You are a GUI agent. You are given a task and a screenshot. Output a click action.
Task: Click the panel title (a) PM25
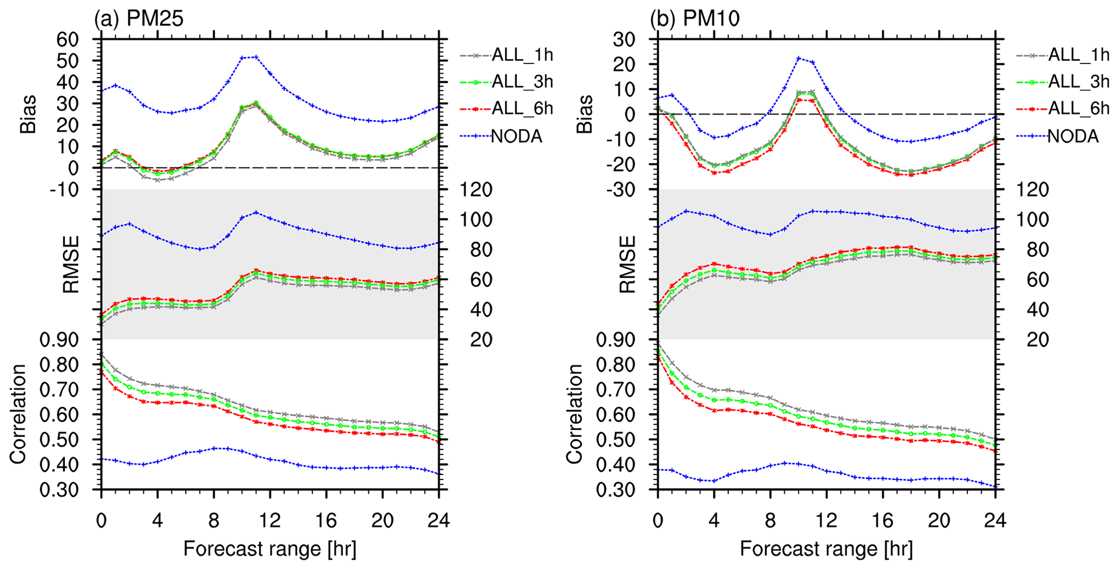pyautogui.click(x=139, y=19)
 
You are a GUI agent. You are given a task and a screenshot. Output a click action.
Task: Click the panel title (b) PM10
pyautogui.click(x=695, y=19)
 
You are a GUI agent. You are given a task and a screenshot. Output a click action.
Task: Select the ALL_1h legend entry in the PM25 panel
pyautogui.click(x=506, y=55)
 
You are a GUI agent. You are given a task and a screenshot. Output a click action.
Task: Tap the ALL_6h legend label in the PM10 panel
pyautogui.click(x=1079, y=108)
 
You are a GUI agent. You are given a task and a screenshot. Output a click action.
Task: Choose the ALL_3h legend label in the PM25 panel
pyautogui.click(x=522, y=82)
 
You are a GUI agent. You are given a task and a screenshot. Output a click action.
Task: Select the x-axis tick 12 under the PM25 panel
pyautogui.click(x=270, y=521)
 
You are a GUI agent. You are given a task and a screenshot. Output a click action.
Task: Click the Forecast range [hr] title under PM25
pyautogui.click(x=270, y=549)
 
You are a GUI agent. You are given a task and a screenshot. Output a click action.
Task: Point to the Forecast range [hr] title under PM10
pyautogui.click(x=826, y=549)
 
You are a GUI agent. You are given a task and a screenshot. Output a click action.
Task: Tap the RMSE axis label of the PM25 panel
pyautogui.click(x=71, y=264)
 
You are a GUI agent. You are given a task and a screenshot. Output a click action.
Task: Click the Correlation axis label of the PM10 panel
pyautogui.click(x=574, y=414)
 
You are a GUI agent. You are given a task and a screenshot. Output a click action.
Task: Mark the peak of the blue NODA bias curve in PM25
pyautogui.click(x=256, y=56)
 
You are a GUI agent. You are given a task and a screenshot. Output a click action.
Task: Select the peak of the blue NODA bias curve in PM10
pyautogui.click(x=799, y=58)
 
